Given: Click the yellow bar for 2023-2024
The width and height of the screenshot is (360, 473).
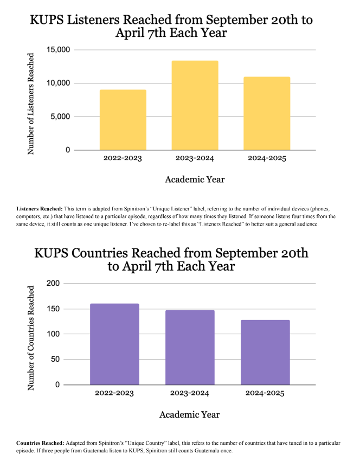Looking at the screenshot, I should coord(195,105).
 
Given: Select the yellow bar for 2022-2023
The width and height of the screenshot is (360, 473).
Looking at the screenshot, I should coord(123,119).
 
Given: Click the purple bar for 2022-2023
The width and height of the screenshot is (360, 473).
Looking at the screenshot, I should coord(114,344).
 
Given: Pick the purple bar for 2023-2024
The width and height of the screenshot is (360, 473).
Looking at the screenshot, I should coord(190,347).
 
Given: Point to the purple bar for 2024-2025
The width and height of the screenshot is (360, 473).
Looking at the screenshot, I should coord(265,352).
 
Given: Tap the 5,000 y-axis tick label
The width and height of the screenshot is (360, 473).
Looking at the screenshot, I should coord(60,117).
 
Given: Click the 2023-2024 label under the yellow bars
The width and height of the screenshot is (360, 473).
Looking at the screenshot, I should coord(195,158).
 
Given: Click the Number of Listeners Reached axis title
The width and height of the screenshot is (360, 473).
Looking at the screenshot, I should coord(31,103).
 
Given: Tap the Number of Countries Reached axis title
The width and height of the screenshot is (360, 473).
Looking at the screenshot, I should coord(31,337).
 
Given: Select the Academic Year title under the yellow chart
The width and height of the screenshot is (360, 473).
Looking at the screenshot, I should coord(195,180).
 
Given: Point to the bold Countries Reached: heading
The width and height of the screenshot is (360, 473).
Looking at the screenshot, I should coord(40,444).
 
